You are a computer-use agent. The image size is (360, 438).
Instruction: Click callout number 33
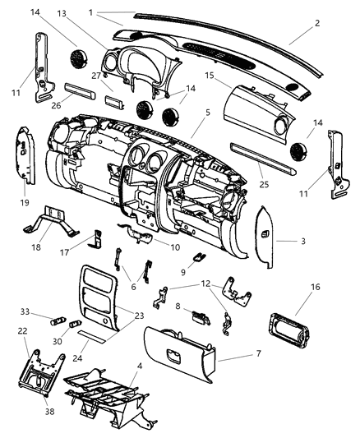click(25, 312)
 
